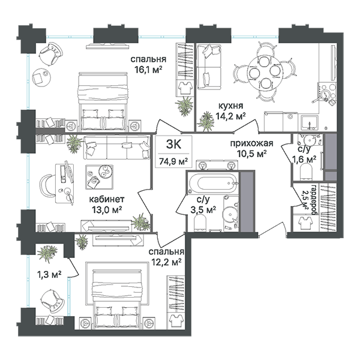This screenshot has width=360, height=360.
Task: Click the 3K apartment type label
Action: (173, 145)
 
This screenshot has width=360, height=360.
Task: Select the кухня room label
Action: (230, 106)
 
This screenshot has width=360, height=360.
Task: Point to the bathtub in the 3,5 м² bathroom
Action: (213, 184)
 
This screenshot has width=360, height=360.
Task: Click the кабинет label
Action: (107, 199)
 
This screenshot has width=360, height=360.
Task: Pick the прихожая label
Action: (251, 143)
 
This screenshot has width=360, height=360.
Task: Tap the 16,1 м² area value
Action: (148, 70)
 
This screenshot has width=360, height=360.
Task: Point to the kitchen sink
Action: (310, 122)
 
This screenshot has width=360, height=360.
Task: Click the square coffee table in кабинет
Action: (99, 177)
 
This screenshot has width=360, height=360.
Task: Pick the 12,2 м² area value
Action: (166, 262)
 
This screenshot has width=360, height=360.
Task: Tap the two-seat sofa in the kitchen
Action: (209, 67)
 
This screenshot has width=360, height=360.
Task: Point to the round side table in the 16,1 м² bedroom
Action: (41, 77)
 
